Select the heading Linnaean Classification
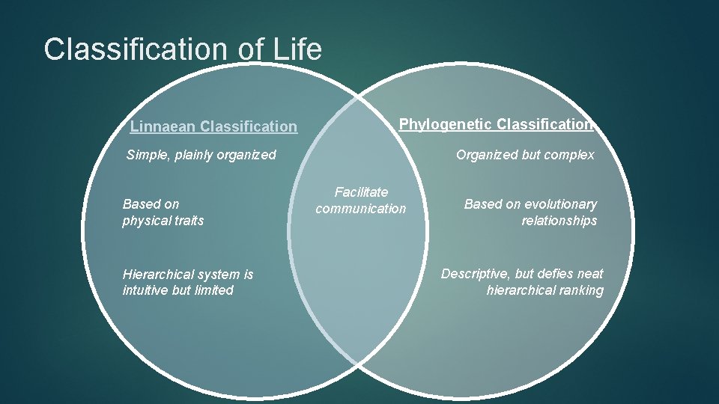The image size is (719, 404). click(x=213, y=127)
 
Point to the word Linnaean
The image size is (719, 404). click(x=163, y=127)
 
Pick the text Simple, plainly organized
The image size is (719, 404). click(x=201, y=155)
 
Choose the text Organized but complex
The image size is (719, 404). click(x=525, y=155)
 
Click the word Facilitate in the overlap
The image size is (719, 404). click(x=361, y=193)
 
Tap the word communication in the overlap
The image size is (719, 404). click(x=360, y=209)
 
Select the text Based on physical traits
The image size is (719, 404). click(x=163, y=212)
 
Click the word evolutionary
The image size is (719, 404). click(x=561, y=204)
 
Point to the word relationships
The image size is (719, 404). click(x=559, y=221)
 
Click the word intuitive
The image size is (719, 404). click(x=145, y=290)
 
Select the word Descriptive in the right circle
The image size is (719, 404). click(x=474, y=274)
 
